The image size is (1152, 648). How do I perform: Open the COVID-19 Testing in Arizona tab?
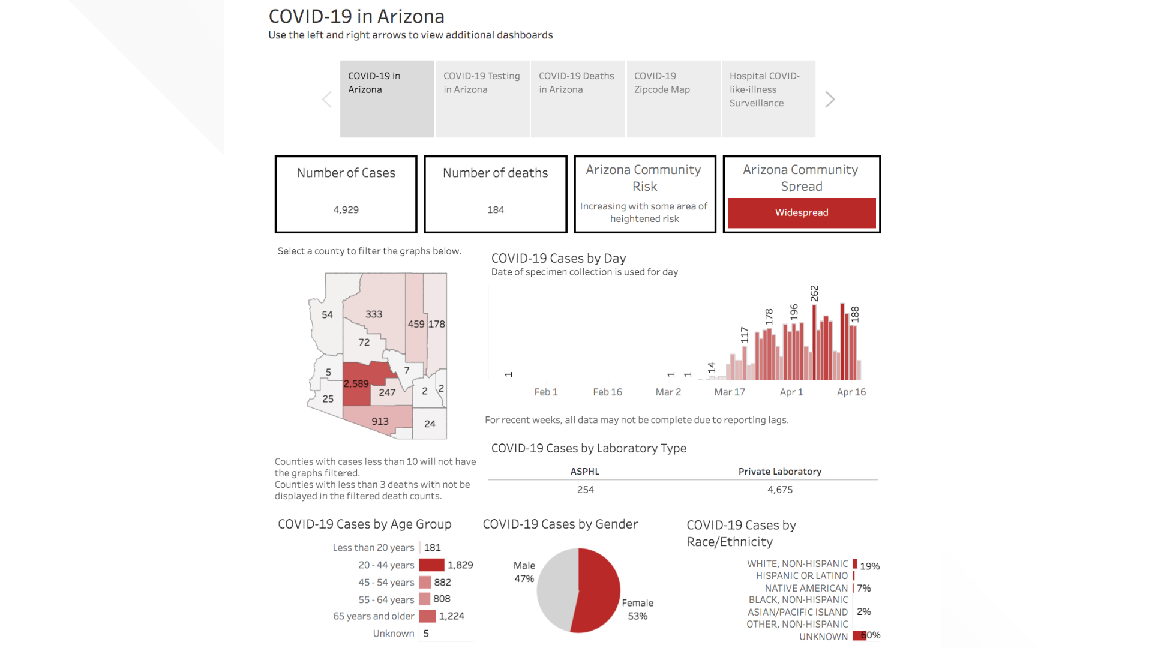tap(482, 99)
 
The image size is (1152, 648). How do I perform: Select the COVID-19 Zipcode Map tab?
tap(673, 99)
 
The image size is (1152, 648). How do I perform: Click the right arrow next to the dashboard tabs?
tap(830, 100)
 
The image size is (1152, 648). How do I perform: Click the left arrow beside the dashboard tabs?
tap(327, 100)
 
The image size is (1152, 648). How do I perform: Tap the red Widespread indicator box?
tap(802, 212)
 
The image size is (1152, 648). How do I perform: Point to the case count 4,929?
tap(346, 210)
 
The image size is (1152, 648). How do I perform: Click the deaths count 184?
tap(496, 210)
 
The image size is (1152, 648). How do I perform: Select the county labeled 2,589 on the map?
tap(356, 384)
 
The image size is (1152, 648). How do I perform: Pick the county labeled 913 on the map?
tap(380, 421)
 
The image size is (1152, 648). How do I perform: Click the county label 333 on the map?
tap(374, 314)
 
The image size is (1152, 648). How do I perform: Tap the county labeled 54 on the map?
tap(327, 315)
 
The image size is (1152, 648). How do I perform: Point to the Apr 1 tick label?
tap(791, 392)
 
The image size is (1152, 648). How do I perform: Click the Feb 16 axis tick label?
tap(607, 392)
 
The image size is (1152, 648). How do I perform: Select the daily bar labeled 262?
tap(814, 342)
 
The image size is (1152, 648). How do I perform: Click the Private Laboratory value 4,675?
tap(780, 490)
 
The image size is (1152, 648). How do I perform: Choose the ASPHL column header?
tap(585, 472)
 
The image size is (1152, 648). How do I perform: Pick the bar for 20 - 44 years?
tap(431, 565)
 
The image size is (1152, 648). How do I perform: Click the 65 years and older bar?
tap(427, 616)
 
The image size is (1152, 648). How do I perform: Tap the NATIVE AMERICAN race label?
tap(806, 588)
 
